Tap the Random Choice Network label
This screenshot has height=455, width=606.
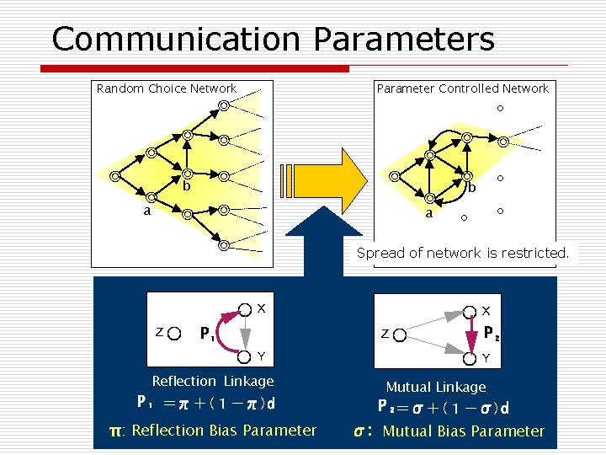167,88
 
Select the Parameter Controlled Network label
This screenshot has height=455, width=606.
462,88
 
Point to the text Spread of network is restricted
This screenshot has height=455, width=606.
462,252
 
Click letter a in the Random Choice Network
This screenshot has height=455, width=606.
146,211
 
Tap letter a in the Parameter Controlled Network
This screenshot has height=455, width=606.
428,214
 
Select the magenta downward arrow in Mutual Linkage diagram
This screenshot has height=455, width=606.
471,334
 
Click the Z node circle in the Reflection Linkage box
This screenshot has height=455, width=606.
174,333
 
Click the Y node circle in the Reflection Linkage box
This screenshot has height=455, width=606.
244,355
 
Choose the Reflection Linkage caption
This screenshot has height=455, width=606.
213,382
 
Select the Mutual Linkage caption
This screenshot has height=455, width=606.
435,387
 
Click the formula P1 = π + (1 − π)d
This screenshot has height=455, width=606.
206,403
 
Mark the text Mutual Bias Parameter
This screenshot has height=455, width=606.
464,431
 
